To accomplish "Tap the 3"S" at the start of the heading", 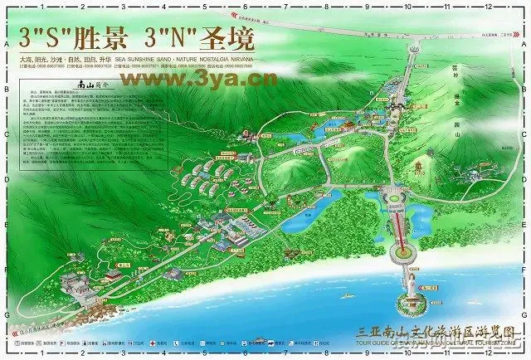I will point(41,38).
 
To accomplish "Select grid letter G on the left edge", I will point(6,315).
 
